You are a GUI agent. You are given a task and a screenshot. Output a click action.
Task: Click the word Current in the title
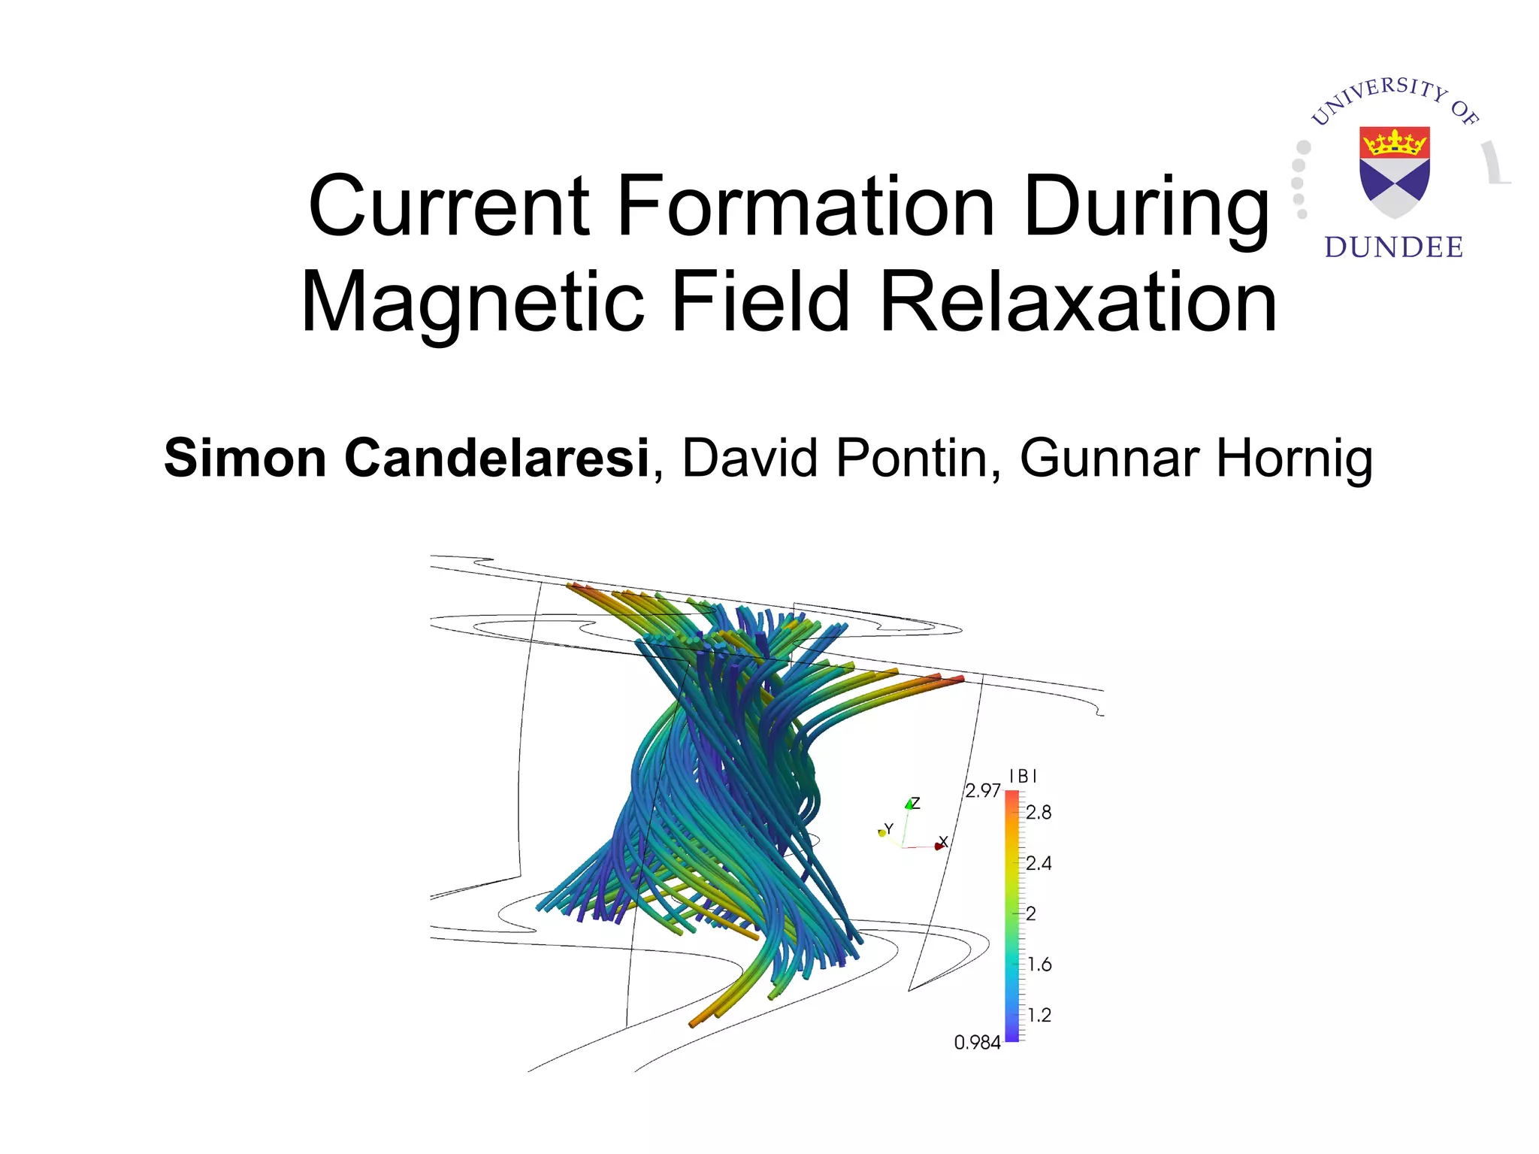449,206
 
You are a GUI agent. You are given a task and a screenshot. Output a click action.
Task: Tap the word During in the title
1145,206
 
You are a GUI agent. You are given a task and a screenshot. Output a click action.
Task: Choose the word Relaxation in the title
1078,302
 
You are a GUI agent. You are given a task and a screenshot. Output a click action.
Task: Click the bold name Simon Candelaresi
407,458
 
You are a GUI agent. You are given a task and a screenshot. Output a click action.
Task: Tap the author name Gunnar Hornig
1196,458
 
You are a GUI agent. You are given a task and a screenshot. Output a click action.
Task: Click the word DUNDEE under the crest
1394,247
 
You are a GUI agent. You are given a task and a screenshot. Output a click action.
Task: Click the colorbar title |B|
1023,776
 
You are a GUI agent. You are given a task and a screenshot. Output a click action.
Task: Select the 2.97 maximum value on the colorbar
982,791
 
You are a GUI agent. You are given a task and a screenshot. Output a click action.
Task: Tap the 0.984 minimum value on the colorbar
977,1043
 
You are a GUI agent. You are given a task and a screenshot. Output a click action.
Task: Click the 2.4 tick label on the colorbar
1039,863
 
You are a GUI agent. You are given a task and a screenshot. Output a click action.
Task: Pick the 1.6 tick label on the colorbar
1039,965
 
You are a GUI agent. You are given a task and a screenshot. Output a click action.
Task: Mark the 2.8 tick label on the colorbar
1039,813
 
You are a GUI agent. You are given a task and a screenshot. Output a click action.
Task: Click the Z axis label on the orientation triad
915,803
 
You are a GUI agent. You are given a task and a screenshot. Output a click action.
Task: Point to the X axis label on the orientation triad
944,841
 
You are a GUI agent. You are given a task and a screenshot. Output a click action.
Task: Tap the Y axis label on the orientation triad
889,828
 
